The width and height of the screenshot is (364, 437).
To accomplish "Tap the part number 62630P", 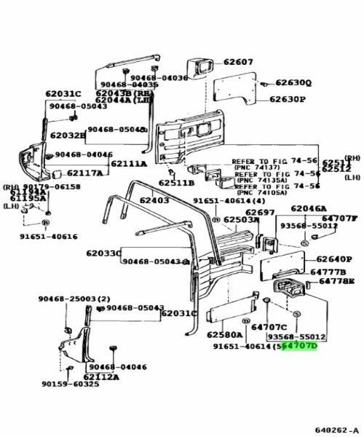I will [x=288, y=99].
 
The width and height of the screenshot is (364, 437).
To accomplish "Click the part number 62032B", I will [x=66, y=136].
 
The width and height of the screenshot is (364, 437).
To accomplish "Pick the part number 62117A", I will [x=84, y=174].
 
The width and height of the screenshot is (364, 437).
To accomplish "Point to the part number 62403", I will [x=154, y=200].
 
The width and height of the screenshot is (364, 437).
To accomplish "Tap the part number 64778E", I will [x=336, y=281].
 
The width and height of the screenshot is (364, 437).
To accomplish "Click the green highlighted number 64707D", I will [x=301, y=347].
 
